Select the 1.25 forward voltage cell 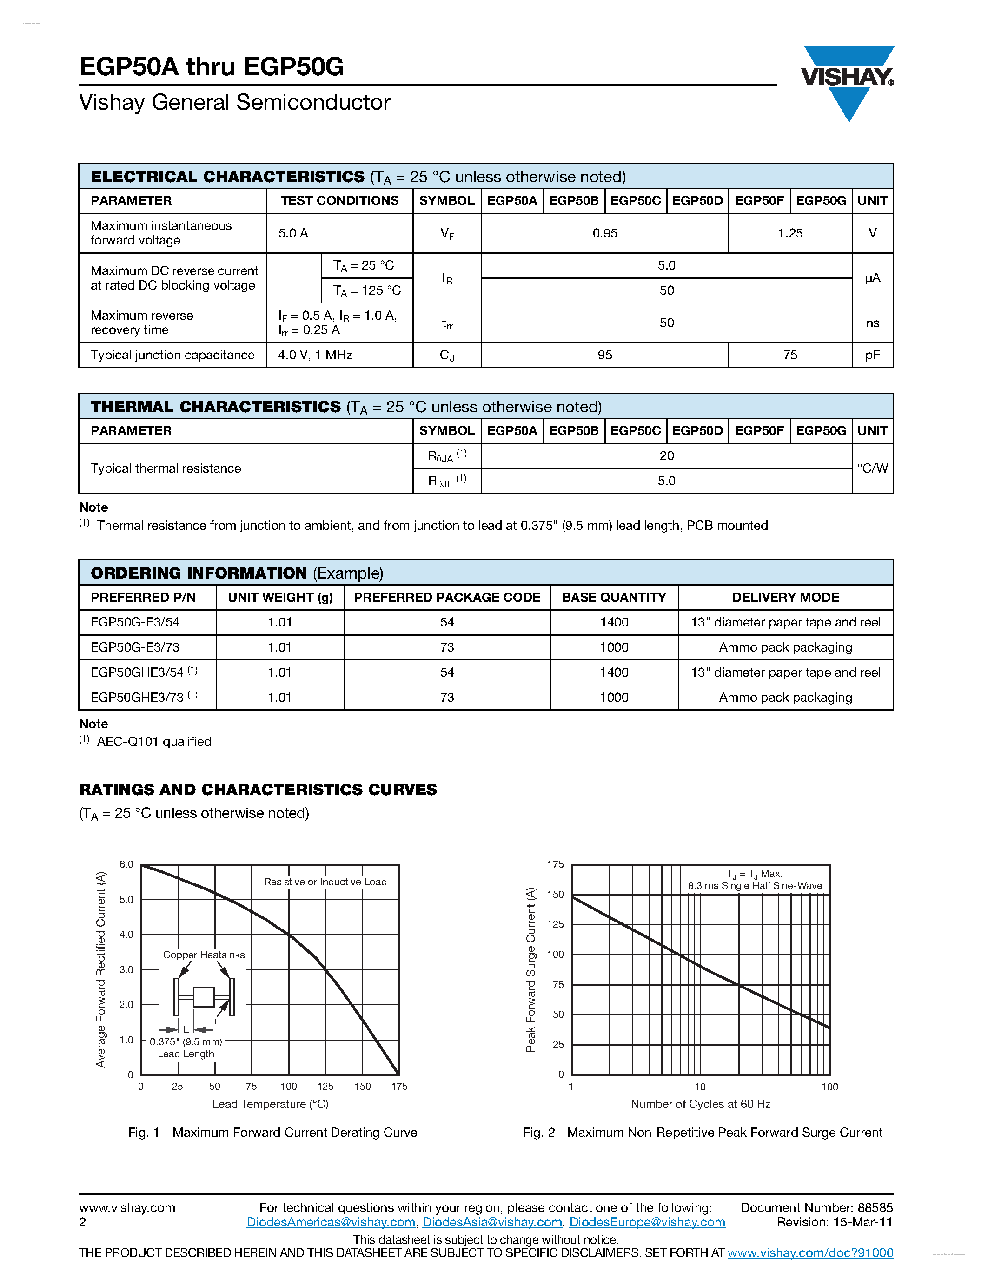(789, 233)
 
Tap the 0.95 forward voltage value (604, 233)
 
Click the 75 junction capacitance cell (789, 355)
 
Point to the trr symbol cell (447, 323)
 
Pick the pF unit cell (872, 355)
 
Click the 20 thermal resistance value (666, 456)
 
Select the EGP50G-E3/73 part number (135, 647)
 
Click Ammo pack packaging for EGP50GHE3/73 (785, 698)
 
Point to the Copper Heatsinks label (204, 955)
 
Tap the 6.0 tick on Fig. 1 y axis (126, 864)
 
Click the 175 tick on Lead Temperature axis (399, 1087)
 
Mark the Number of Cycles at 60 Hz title (701, 1104)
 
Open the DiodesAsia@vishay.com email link (492, 1222)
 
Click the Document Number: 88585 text (816, 1208)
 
